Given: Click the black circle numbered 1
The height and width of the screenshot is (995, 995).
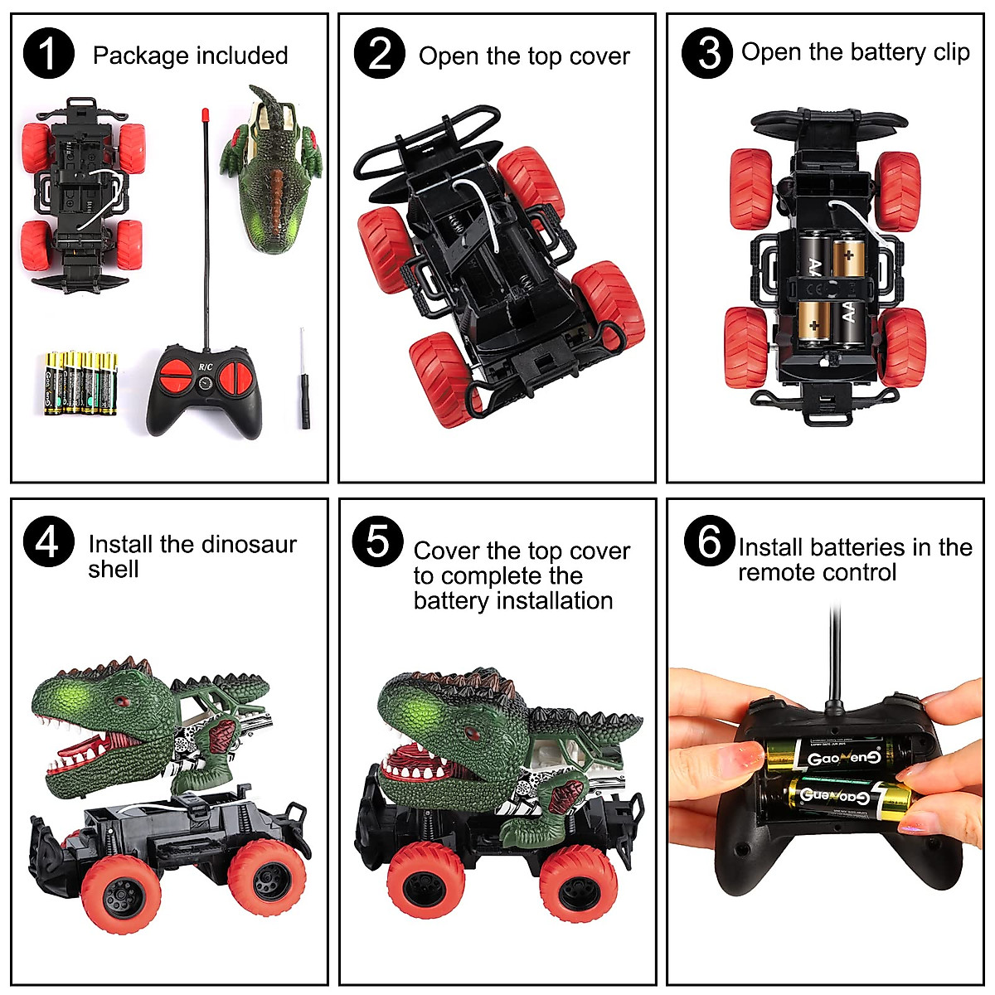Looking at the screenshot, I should (48, 54).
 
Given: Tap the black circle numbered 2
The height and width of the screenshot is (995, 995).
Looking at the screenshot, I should (379, 54).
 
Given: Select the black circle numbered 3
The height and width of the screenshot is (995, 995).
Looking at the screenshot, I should (706, 53).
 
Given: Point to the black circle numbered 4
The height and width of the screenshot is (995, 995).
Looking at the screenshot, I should (48, 543).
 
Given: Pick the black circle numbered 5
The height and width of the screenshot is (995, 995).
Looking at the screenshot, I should (377, 541).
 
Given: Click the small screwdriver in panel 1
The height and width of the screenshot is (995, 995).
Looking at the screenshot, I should (304, 379).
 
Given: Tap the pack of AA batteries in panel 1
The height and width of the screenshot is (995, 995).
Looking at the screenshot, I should (81, 382).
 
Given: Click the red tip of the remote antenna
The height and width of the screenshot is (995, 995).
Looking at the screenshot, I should (203, 114).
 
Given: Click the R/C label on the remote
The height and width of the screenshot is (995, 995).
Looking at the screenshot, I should (205, 366).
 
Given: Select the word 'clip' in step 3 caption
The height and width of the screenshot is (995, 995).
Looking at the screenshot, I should (951, 52).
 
